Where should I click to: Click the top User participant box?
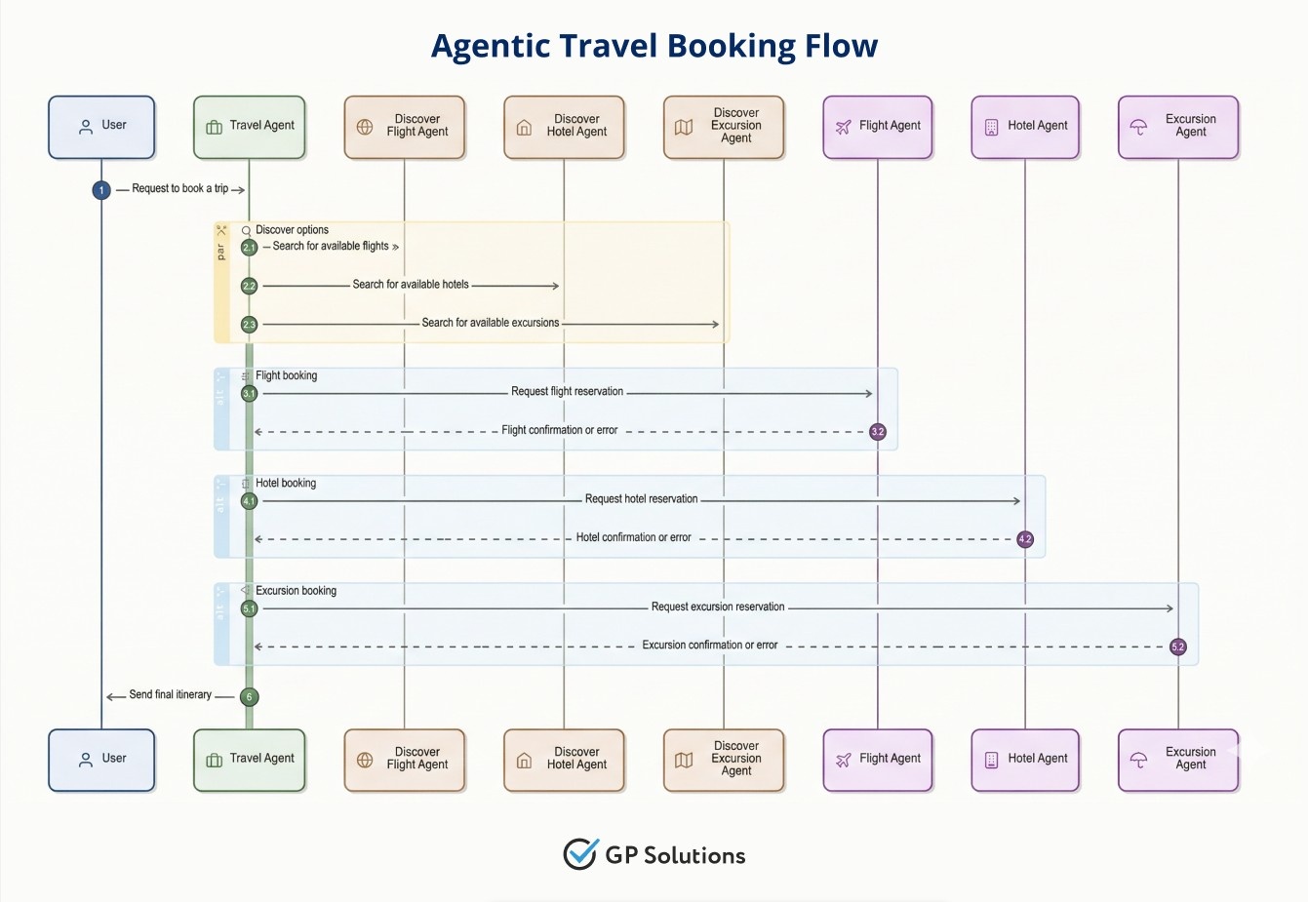[101, 127]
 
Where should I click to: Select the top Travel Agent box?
[250, 127]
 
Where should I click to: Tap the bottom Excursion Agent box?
[1178, 760]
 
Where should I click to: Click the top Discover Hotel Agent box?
[564, 127]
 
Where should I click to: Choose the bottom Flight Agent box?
[878, 760]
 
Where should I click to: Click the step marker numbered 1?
[101, 190]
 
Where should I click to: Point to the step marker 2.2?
[250, 286]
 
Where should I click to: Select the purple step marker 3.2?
[878, 432]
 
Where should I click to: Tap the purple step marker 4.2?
[1025, 539]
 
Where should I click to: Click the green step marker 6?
[250, 697]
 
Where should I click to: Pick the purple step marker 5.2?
[1178, 647]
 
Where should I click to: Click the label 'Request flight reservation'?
[567, 392]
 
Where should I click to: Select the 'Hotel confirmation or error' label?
[633, 537]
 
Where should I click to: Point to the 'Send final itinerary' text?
[170, 695]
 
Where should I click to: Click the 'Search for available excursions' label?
[490, 323]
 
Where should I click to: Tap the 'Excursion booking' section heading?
[296, 591]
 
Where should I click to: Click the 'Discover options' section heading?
[292, 230]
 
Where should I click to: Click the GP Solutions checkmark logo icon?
[580, 854]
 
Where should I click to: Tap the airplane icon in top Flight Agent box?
[844, 127]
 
